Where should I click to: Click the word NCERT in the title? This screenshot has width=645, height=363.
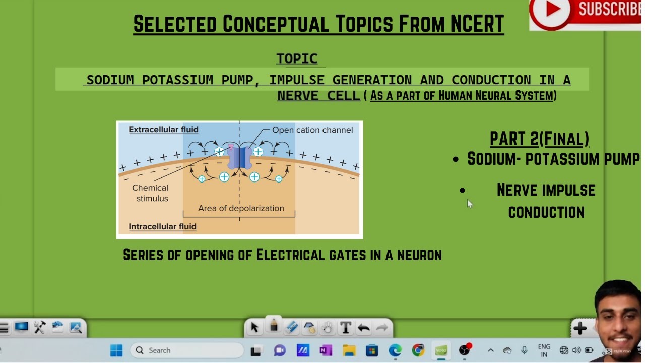point(476,24)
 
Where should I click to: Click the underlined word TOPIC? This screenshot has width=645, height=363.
point(297,58)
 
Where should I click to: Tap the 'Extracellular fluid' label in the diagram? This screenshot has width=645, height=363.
point(163,130)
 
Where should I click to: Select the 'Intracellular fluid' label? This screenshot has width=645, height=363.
point(162,226)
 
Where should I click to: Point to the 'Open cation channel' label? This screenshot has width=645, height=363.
point(312,130)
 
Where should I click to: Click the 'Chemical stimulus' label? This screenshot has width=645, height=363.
point(151,193)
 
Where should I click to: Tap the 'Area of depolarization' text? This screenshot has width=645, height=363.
point(241,208)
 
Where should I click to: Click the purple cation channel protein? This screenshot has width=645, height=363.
point(239,158)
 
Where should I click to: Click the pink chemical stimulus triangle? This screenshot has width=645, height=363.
point(231,147)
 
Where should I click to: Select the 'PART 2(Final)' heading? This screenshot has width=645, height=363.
point(539,139)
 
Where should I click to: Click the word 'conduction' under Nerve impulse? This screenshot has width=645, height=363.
point(546,212)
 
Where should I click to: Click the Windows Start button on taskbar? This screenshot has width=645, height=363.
point(116,350)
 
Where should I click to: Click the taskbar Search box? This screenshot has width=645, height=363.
point(187,350)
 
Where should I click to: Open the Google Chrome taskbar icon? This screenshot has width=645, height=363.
point(418,350)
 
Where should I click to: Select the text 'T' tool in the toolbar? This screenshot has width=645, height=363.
point(346,328)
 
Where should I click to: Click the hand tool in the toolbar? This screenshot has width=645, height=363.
point(328,328)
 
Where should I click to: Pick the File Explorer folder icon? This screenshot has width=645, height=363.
point(349,350)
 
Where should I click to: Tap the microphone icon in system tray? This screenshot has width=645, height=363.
point(524,350)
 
